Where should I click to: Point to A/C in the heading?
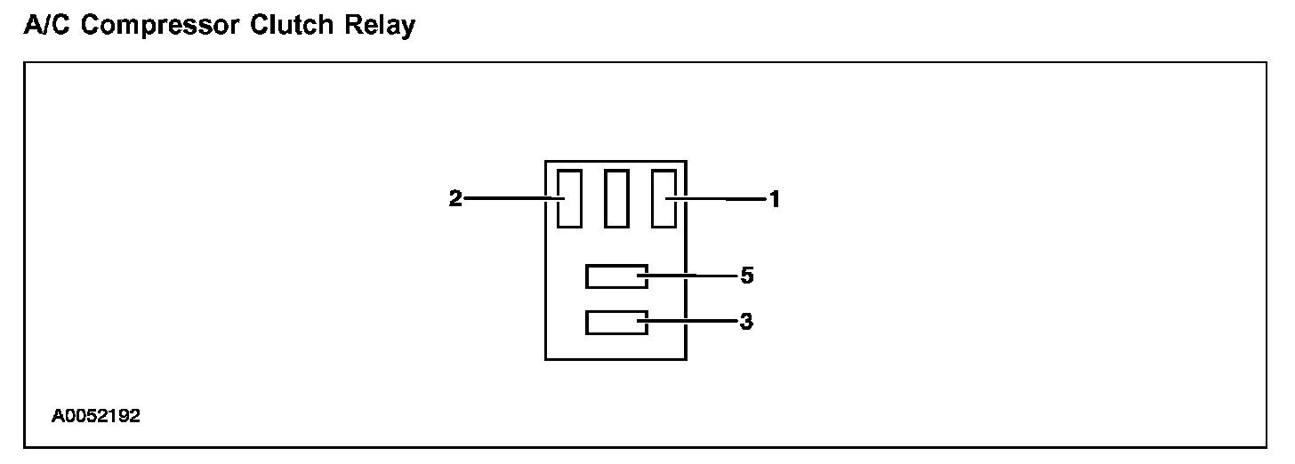coord(42,26)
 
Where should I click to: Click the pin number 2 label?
coord(455,199)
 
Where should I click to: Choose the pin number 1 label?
coord(775,199)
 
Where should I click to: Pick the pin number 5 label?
coord(747,276)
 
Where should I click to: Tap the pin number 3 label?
coord(747,322)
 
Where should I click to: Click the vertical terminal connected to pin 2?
coord(569,197)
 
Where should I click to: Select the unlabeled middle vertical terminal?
coord(615,197)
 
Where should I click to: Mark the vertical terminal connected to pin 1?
coord(664,197)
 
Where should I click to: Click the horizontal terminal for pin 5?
coord(615,276)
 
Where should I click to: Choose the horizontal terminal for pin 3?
coord(615,323)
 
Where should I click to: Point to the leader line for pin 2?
coord(507,198)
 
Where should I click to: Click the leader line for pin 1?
coord(725,199)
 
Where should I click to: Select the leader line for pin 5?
coord(694,276)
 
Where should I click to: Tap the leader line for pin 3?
coord(694,323)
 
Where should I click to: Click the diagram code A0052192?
coord(95,415)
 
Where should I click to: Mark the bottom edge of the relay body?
coord(615,359)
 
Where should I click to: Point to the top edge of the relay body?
coord(615,161)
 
